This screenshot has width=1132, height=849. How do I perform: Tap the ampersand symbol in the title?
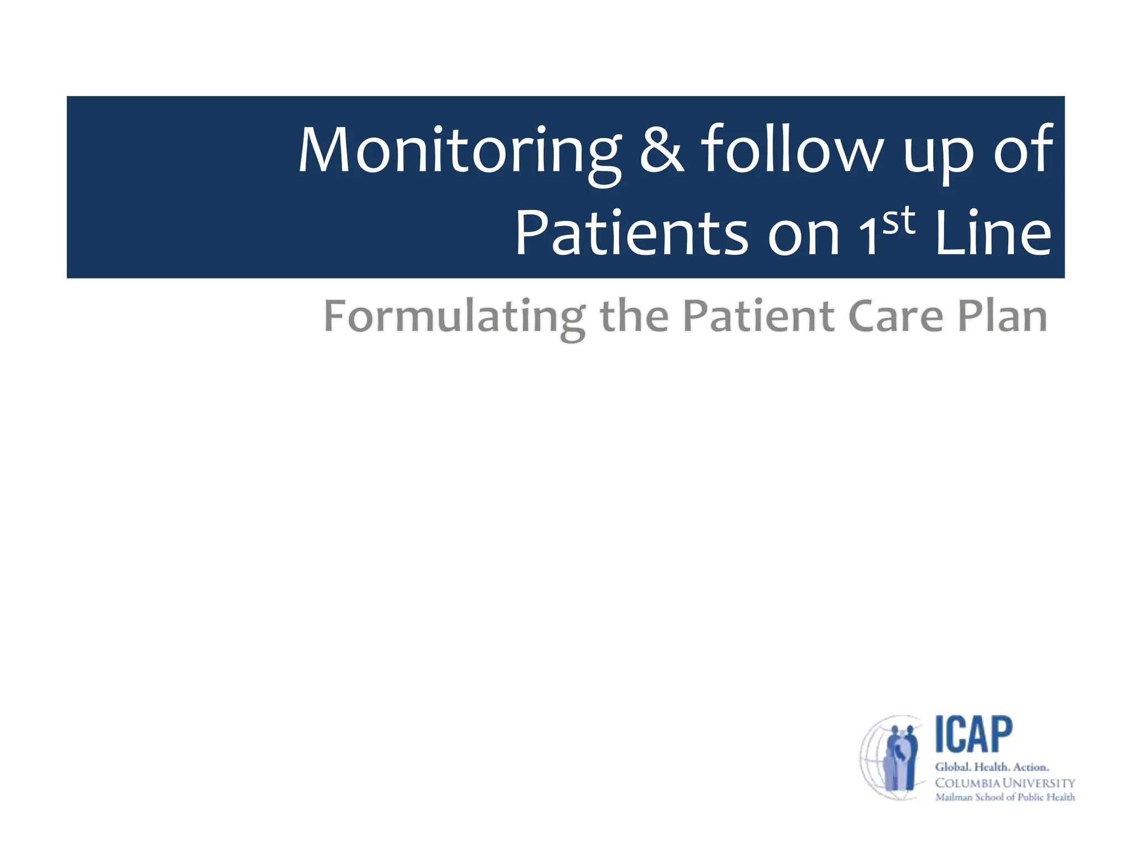662,150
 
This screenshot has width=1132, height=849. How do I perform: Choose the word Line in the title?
993,234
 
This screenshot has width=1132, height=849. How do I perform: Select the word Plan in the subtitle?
1002,317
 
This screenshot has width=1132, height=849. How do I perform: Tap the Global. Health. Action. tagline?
992,767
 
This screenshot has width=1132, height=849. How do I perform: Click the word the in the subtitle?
634,317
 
